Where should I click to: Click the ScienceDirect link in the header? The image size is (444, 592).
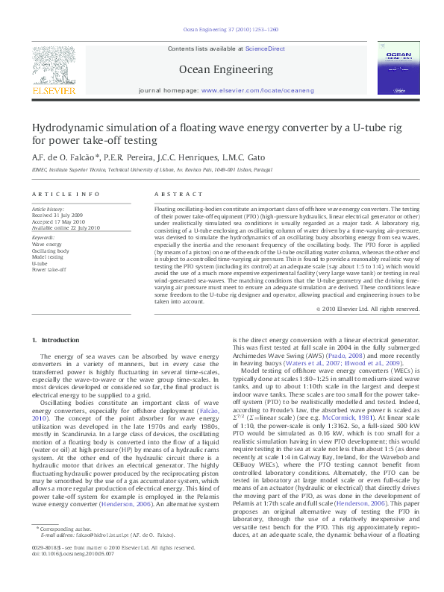pos(266,48)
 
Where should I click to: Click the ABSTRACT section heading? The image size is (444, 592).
pos(171,193)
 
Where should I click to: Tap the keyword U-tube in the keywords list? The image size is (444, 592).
pos(40,263)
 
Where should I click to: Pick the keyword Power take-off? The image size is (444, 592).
pos(49,270)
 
